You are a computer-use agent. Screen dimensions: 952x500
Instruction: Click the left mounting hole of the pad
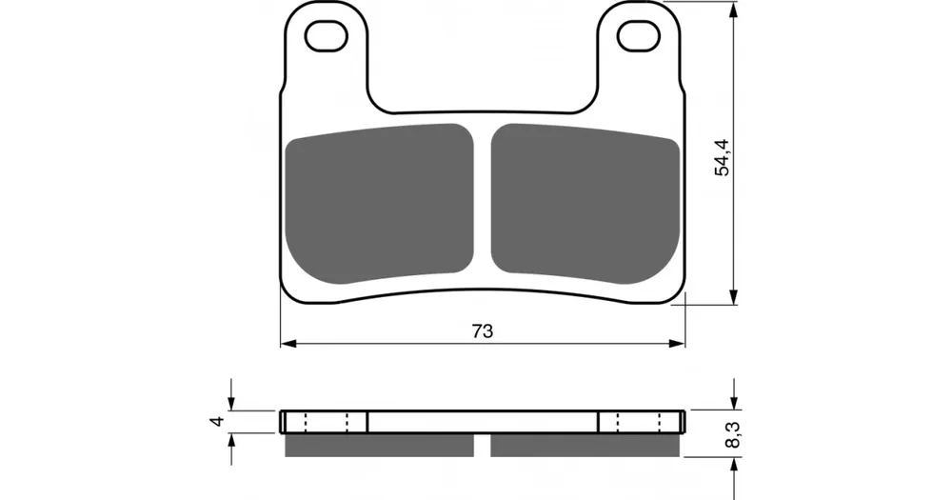click(326, 36)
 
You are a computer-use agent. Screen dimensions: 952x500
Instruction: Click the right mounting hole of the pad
click(639, 36)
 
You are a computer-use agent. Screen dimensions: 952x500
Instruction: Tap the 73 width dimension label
click(482, 331)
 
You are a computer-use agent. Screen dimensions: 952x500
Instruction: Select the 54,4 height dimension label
click(723, 157)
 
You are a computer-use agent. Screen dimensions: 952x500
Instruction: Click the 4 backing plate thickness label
click(218, 420)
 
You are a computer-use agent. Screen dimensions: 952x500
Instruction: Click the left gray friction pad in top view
click(379, 204)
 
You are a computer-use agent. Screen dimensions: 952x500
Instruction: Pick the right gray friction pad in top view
click(585, 204)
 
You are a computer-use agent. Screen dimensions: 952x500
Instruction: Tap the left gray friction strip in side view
click(379, 446)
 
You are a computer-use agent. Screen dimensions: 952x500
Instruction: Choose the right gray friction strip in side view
click(585, 446)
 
